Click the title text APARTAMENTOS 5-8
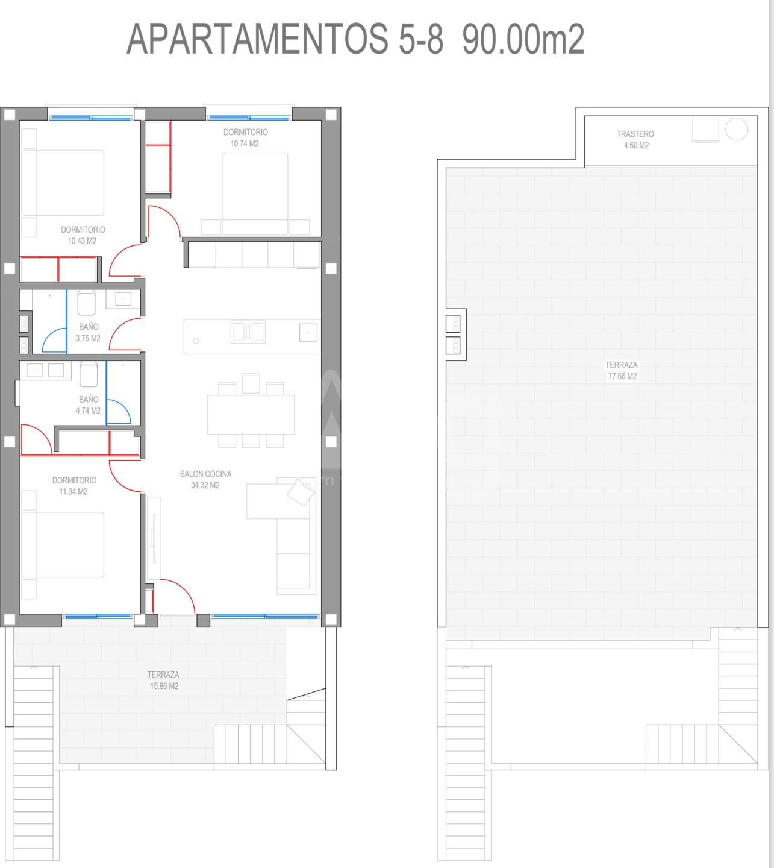(x=285, y=39)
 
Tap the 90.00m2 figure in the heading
(x=523, y=39)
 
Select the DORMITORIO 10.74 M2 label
(x=245, y=138)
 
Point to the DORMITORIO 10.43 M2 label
(x=83, y=235)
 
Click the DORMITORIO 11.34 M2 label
(x=74, y=486)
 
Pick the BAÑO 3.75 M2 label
(x=88, y=333)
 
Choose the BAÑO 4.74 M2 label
(x=88, y=405)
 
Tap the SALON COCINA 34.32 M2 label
(x=205, y=479)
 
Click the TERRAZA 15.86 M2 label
(x=163, y=681)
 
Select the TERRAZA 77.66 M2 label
(x=622, y=371)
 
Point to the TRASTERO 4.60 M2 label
(x=635, y=140)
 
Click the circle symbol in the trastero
(x=736, y=129)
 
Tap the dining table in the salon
(x=251, y=415)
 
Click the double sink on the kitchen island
(x=248, y=332)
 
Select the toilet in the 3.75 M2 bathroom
(x=87, y=303)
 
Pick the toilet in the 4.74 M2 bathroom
(x=89, y=374)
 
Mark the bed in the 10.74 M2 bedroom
(x=255, y=193)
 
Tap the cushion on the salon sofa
(x=301, y=492)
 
